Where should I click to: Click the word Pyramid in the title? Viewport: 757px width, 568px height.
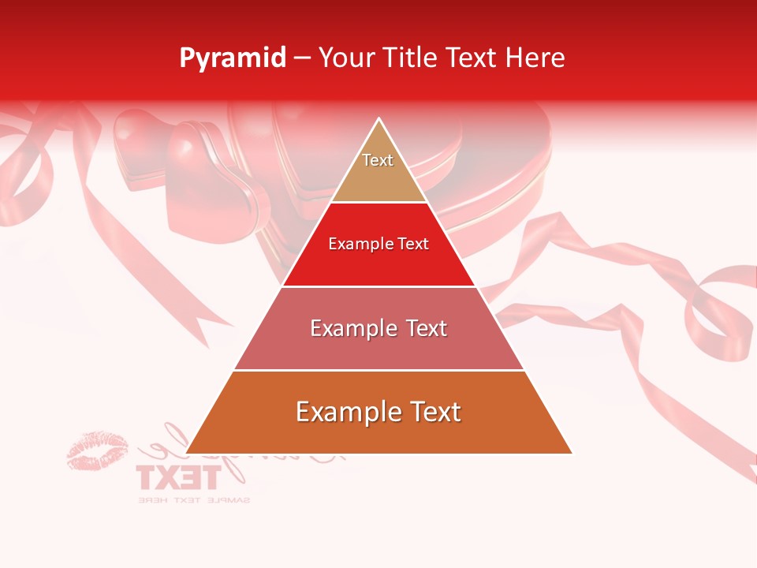233,58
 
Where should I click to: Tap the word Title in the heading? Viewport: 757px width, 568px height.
411,58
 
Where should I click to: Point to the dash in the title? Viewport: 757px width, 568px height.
302,58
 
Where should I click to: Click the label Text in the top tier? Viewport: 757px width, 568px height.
378,160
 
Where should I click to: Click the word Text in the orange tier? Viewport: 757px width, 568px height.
433,412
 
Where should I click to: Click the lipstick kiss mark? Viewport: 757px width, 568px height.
97,450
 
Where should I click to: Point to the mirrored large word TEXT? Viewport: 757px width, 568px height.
177,477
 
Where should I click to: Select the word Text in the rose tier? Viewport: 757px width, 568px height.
423,328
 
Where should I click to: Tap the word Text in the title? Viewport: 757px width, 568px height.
473,58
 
